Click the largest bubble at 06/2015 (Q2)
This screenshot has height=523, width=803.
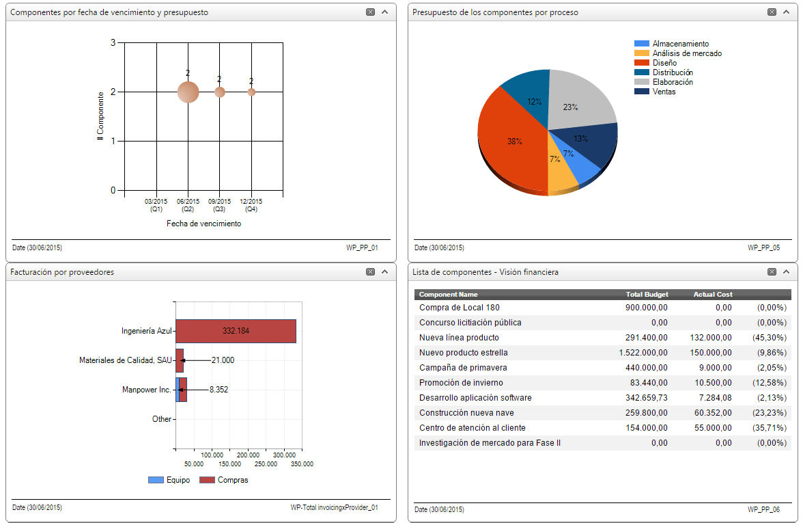tap(188, 92)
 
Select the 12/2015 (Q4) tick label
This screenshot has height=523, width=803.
tap(251, 205)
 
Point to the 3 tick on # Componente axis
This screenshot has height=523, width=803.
tap(113, 42)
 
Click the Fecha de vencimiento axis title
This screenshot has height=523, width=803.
tap(203, 224)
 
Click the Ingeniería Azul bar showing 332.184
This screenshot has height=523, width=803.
tap(236, 331)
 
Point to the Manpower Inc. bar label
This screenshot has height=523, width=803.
tap(146, 390)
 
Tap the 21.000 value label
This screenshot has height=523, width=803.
tap(223, 360)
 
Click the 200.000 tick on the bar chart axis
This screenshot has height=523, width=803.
tap(249, 455)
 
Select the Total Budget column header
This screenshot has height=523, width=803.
tap(647, 295)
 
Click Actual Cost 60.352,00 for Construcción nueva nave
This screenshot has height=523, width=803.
tap(713, 413)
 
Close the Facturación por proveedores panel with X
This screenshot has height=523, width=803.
tap(370, 272)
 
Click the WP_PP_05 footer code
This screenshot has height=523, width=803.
tap(763, 247)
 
